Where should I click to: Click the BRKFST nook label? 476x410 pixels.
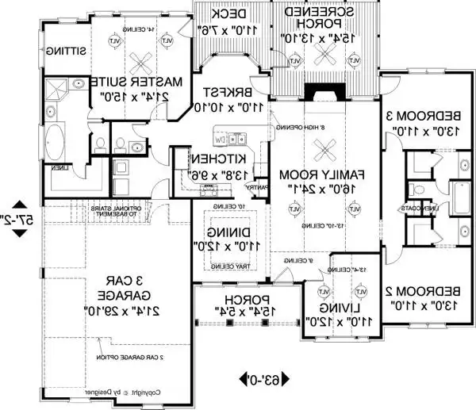221,92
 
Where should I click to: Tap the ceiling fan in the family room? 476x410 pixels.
321,149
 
